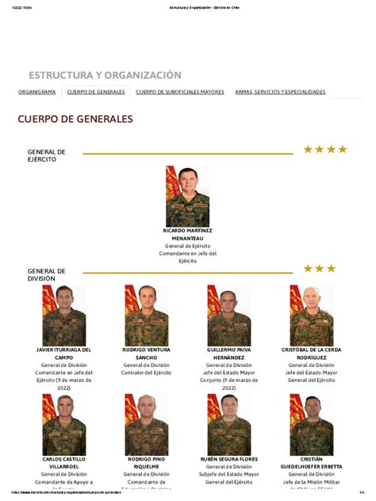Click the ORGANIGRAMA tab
click(x=36, y=92)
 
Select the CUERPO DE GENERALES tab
click(x=96, y=92)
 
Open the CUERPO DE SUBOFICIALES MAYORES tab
click(x=180, y=92)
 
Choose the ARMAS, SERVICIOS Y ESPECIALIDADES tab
click(x=280, y=92)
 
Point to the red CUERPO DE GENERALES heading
click(x=75, y=120)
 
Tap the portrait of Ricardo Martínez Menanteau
click(x=187, y=195)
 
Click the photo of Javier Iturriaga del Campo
click(x=64, y=315)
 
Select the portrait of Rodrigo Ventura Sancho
click(x=146, y=315)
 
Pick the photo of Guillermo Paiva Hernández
click(x=228, y=315)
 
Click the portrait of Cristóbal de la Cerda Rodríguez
click(x=311, y=315)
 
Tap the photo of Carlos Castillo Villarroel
click(x=64, y=425)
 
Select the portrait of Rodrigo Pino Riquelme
click(x=146, y=425)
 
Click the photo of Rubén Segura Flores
click(x=228, y=425)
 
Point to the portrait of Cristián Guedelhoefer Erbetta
click(x=311, y=425)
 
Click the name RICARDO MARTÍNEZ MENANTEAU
click(x=187, y=234)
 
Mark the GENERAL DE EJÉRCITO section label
click(x=46, y=155)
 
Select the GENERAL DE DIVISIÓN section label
click(x=46, y=274)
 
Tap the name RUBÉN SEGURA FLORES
click(x=228, y=459)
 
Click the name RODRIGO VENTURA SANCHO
click(x=146, y=353)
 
